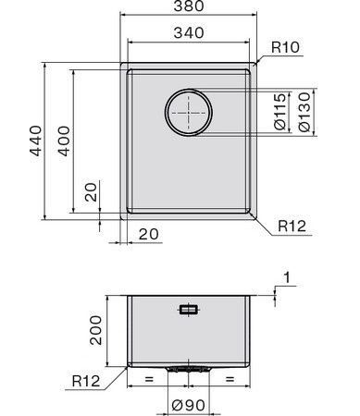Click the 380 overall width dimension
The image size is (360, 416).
pyautogui.click(x=188, y=9)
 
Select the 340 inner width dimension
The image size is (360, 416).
pyautogui.click(x=188, y=34)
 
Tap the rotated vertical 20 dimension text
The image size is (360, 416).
pyautogui.click(x=90, y=193)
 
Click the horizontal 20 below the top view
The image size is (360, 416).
pyautogui.click(x=147, y=234)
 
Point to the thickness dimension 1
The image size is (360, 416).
pyautogui.click(x=289, y=276)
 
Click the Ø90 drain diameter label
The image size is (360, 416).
pyautogui.click(x=188, y=403)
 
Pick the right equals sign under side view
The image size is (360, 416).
pyautogui.click(x=229, y=379)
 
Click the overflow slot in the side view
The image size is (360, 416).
pyautogui.click(x=188, y=310)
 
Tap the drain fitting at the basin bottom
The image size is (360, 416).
pyautogui.click(x=188, y=368)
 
